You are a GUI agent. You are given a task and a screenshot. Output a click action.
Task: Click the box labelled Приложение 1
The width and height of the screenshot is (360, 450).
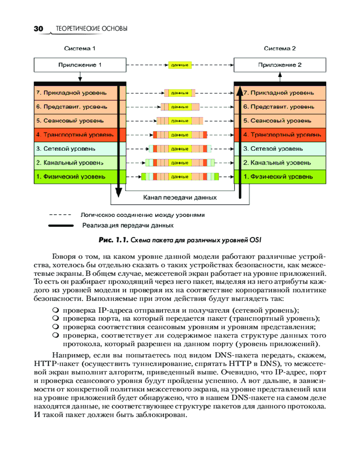pyautogui.click(x=80, y=65)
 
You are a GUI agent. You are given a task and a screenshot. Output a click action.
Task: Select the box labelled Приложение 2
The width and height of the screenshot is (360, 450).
pyautogui.click(x=280, y=65)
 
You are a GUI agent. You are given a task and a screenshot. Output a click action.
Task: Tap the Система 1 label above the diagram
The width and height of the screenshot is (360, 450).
pyautogui.click(x=80, y=48)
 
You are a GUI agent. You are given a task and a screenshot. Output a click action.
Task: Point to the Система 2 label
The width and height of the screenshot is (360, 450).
pyautogui.click(x=280, y=48)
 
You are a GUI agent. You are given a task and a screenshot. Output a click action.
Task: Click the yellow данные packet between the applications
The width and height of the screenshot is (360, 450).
pyautogui.click(x=180, y=65)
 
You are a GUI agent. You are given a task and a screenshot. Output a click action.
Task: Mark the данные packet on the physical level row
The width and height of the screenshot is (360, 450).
pyautogui.click(x=180, y=176)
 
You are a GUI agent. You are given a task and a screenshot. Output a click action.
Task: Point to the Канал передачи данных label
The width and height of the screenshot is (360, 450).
pyautogui.click(x=180, y=197)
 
